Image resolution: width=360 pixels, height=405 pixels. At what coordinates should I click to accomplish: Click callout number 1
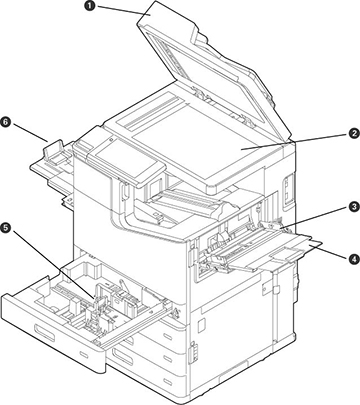pyautogui.click(x=89, y=6)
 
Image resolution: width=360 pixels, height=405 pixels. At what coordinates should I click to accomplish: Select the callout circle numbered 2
pyautogui.click(x=353, y=134)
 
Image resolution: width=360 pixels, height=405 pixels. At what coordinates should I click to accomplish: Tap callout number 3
pyautogui.click(x=353, y=207)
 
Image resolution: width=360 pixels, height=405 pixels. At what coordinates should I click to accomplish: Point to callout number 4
pyautogui.click(x=353, y=259)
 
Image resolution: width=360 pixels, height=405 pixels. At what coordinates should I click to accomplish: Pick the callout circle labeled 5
pyautogui.click(x=7, y=228)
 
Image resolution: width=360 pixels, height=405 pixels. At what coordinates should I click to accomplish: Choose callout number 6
pyautogui.click(x=6, y=122)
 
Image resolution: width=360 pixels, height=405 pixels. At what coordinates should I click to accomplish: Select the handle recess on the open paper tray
pyautogui.click(x=45, y=333)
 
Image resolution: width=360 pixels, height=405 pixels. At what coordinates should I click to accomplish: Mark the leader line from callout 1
pyautogui.click(x=120, y=10)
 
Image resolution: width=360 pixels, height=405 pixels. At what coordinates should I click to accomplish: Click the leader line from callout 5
pyautogui.click(x=52, y=263)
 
